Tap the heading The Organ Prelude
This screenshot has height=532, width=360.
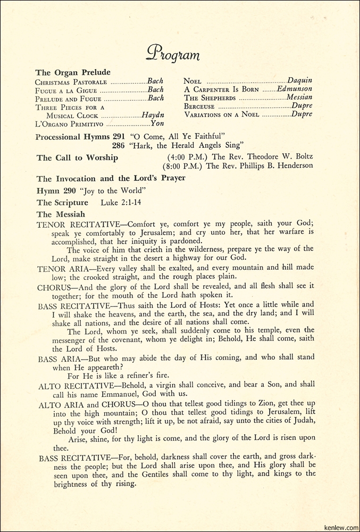tap(73, 72)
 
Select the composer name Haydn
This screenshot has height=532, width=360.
tap(153, 115)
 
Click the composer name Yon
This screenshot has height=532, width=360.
tap(157, 123)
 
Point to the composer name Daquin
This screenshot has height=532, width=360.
tap(300, 81)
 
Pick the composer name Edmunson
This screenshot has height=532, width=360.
tap(295, 89)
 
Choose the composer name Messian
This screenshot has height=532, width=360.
tap(299, 98)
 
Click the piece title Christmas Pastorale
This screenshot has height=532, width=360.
tap(71, 82)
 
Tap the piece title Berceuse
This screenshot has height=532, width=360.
tap(199, 106)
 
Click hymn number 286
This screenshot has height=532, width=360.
tap(119, 145)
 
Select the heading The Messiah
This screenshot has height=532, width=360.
tap(58, 214)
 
